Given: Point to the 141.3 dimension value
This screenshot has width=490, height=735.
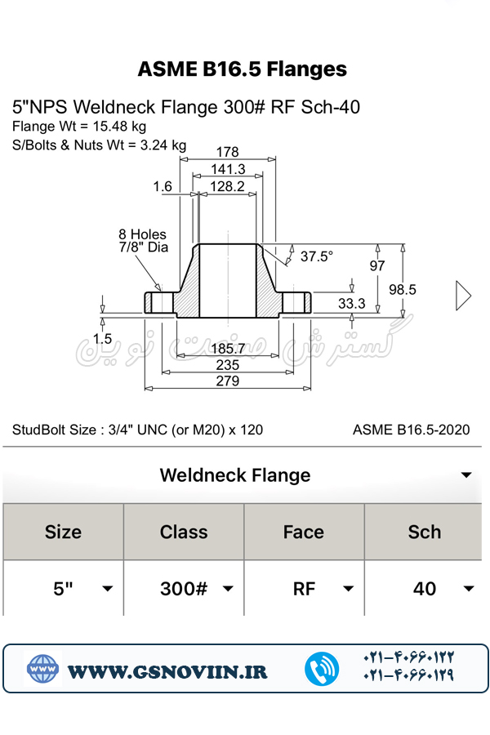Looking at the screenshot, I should pos(228,169).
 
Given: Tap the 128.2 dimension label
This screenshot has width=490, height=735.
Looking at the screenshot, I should pos(227,186).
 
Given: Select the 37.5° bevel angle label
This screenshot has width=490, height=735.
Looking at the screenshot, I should pos(316,256).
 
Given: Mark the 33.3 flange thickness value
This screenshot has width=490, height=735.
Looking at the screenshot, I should pos(352,304).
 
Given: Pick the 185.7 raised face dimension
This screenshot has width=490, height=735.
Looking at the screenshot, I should pos(229,349).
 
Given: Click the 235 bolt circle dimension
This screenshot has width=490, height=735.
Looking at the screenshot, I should pos(228,365).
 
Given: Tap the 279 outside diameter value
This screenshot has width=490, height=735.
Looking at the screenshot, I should pos(228,381).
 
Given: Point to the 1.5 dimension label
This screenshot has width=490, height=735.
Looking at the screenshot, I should pos(102,338).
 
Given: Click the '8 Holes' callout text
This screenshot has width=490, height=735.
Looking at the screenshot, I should pos(142,234).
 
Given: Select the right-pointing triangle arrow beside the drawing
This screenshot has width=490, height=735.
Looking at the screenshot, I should pos(463,296).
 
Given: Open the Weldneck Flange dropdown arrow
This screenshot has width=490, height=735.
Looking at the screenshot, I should pos(466,475).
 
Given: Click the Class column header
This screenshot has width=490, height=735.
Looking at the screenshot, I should pos(184,532).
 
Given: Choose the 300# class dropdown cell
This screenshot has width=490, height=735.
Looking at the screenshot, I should pos(196,589).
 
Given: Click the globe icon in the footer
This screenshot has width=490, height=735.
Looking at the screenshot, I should pos(42,670).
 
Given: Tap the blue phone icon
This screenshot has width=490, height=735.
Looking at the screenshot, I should pos(322,670).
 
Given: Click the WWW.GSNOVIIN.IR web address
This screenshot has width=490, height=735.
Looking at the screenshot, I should pos(167,671).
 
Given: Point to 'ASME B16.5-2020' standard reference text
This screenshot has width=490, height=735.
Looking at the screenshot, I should pos(411,430).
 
